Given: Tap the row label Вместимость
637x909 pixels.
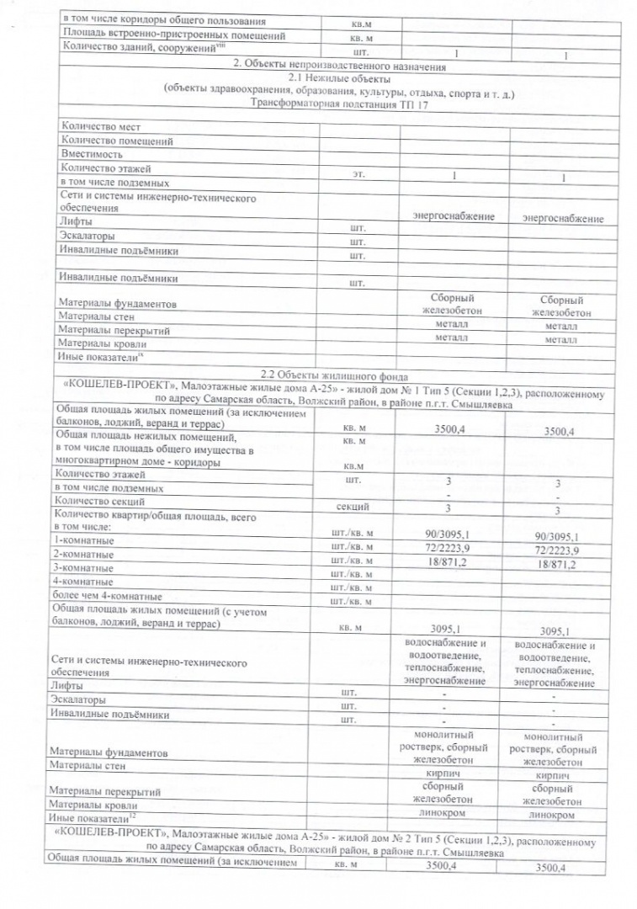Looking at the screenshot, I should click(92, 155).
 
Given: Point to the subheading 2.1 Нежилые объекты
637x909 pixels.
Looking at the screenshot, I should click(339, 77).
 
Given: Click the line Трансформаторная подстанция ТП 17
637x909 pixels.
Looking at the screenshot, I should click(339, 102).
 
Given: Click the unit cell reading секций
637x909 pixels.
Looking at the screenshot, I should click(351, 508).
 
